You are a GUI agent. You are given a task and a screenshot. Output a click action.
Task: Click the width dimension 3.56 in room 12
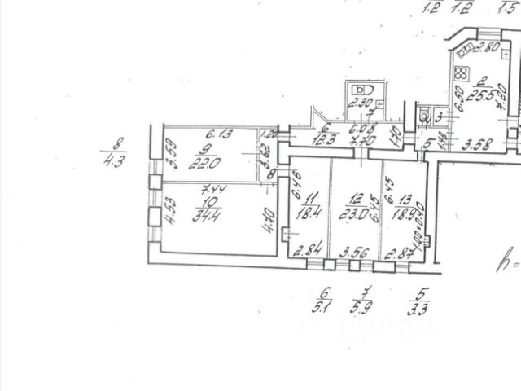(x=353, y=252)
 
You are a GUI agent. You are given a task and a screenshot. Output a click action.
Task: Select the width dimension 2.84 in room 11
(x=308, y=251)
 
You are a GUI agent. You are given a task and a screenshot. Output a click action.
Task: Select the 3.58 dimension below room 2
(x=478, y=147)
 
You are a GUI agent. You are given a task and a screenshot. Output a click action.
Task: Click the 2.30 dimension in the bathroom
(x=359, y=103)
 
